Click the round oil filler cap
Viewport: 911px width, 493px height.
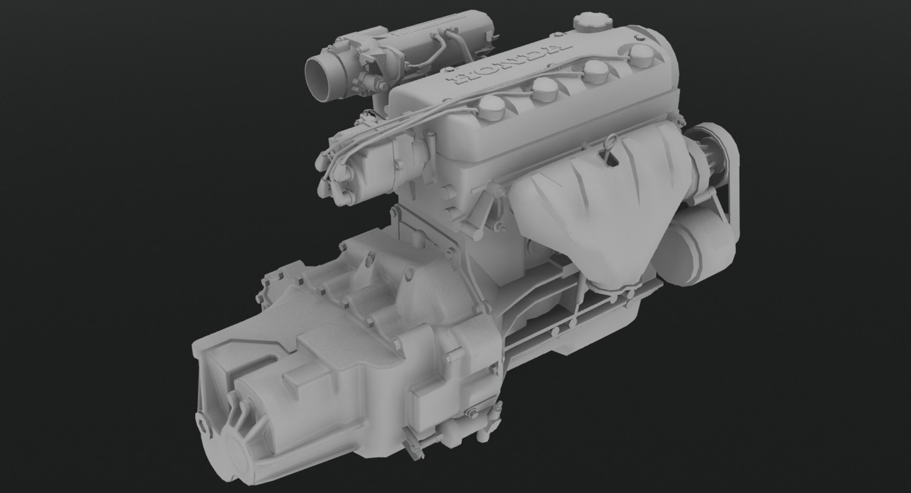tap(587, 21)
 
